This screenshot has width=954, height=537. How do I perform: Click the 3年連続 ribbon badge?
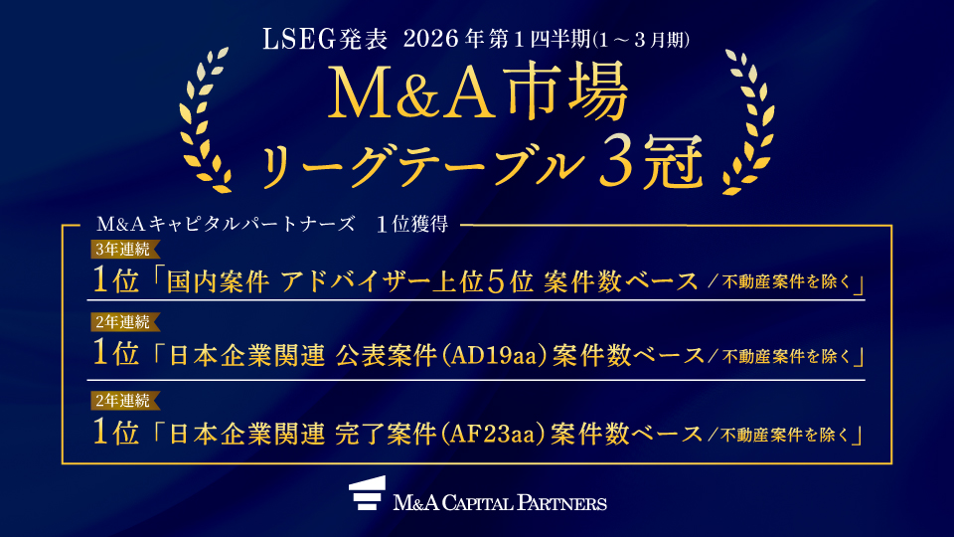tap(118, 249)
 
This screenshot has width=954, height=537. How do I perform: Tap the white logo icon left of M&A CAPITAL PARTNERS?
tap(367, 494)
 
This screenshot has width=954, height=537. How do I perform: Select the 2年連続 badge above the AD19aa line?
tap(118, 322)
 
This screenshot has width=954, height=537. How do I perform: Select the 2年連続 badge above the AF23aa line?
tap(118, 402)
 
